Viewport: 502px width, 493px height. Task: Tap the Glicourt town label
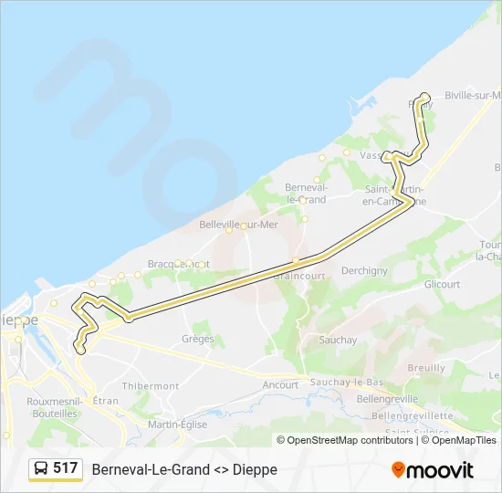pyautogui.click(x=442, y=284)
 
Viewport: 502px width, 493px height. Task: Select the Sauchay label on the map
pyautogui.click(x=339, y=340)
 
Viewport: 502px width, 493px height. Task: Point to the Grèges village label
pyautogui.click(x=198, y=339)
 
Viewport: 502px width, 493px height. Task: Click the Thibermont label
pyautogui.click(x=151, y=386)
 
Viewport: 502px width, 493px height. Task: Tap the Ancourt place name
pyautogui.click(x=280, y=384)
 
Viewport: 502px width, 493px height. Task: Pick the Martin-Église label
pyautogui.click(x=177, y=425)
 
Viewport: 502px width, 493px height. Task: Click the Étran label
pyautogui.click(x=106, y=401)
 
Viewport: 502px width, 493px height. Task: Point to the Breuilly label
pyautogui.click(x=426, y=367)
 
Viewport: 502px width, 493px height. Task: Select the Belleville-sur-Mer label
pyautogui.click(x=238, y=224)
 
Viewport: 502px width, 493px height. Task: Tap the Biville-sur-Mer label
pyautogui.click(x=472, y=95)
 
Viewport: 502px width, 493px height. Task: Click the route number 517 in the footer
pyautogui.click(x=65, y=468)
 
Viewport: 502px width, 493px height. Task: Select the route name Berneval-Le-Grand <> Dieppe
pyautogui.click(x=184, y=469)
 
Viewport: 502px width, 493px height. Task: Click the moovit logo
pyautogui.click(x=433, y=470)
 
